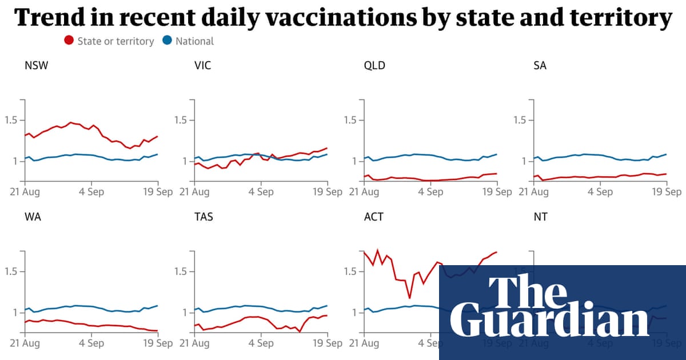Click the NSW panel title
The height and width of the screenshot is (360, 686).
(36, 65)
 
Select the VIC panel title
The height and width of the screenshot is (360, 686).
(203, 65)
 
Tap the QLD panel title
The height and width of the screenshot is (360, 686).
(374, 65)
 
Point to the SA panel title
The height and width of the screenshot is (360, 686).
(540, 65)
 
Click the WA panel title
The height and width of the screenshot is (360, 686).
(33, 217)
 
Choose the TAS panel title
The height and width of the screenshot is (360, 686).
(204, 217)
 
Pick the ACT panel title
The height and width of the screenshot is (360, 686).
(373, 217)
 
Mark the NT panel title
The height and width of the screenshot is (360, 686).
(540, 217)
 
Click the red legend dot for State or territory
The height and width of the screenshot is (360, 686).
(69, 41)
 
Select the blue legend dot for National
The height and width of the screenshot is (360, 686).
(167, 41)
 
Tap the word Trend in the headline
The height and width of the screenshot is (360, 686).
(50, 18)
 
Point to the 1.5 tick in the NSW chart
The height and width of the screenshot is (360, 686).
(11, 120)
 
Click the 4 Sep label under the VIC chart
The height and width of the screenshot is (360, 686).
(261, 191)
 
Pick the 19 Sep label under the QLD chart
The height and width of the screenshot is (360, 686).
(497, 191)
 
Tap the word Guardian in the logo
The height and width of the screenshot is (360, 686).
(549, 321)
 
